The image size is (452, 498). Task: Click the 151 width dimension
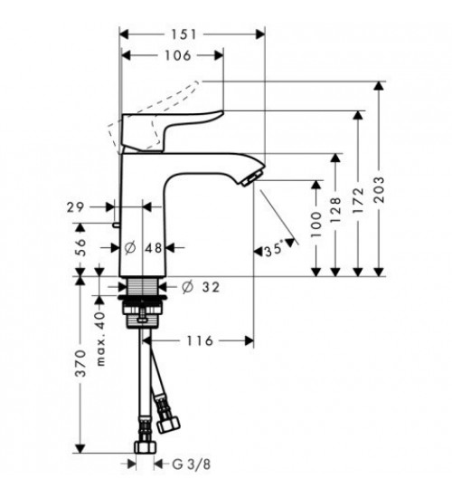184,34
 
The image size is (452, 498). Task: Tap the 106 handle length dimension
178,55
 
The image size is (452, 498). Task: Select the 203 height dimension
379,189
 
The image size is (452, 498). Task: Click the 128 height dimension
336,210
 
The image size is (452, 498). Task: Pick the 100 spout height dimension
315,225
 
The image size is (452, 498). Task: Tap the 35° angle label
274,250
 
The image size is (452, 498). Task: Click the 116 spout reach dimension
199,341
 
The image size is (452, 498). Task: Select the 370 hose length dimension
80,363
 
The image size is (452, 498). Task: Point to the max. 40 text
100,339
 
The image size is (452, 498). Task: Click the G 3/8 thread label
192,465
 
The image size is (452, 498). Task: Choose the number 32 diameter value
211,287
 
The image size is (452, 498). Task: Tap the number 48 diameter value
154,248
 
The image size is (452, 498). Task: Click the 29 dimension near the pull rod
76,207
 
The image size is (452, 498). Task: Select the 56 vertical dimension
80,247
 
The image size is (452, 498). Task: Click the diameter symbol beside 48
130,248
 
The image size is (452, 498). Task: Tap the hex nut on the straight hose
145,446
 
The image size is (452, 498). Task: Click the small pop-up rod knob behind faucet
116,225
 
